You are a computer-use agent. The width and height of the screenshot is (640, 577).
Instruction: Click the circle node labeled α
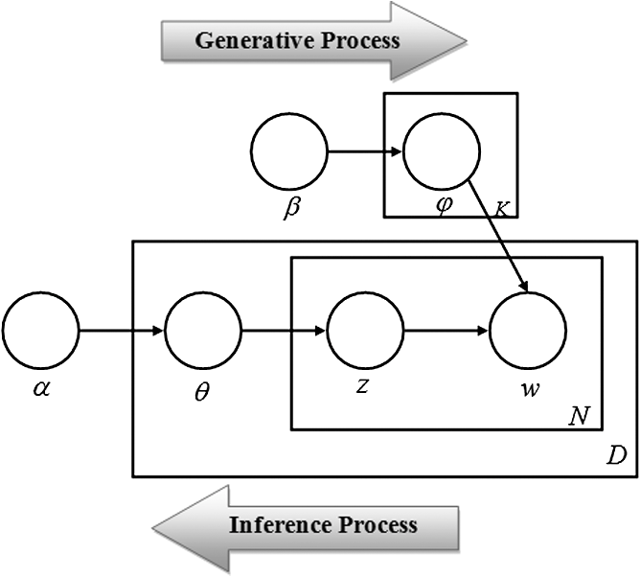(40, 333)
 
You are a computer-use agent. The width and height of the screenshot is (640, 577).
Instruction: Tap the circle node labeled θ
(203, 333)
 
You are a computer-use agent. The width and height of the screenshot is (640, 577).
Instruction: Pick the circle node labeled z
(365, 333)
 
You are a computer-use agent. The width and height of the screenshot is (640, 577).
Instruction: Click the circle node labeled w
(528, 333)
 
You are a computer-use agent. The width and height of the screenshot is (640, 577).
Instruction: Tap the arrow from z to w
(446, 333)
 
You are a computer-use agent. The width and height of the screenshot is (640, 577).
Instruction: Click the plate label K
(500, 206)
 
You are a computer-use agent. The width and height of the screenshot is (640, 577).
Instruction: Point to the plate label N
(581, 416)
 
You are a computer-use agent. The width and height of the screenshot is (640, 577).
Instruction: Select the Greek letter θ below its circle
(202, 393)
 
